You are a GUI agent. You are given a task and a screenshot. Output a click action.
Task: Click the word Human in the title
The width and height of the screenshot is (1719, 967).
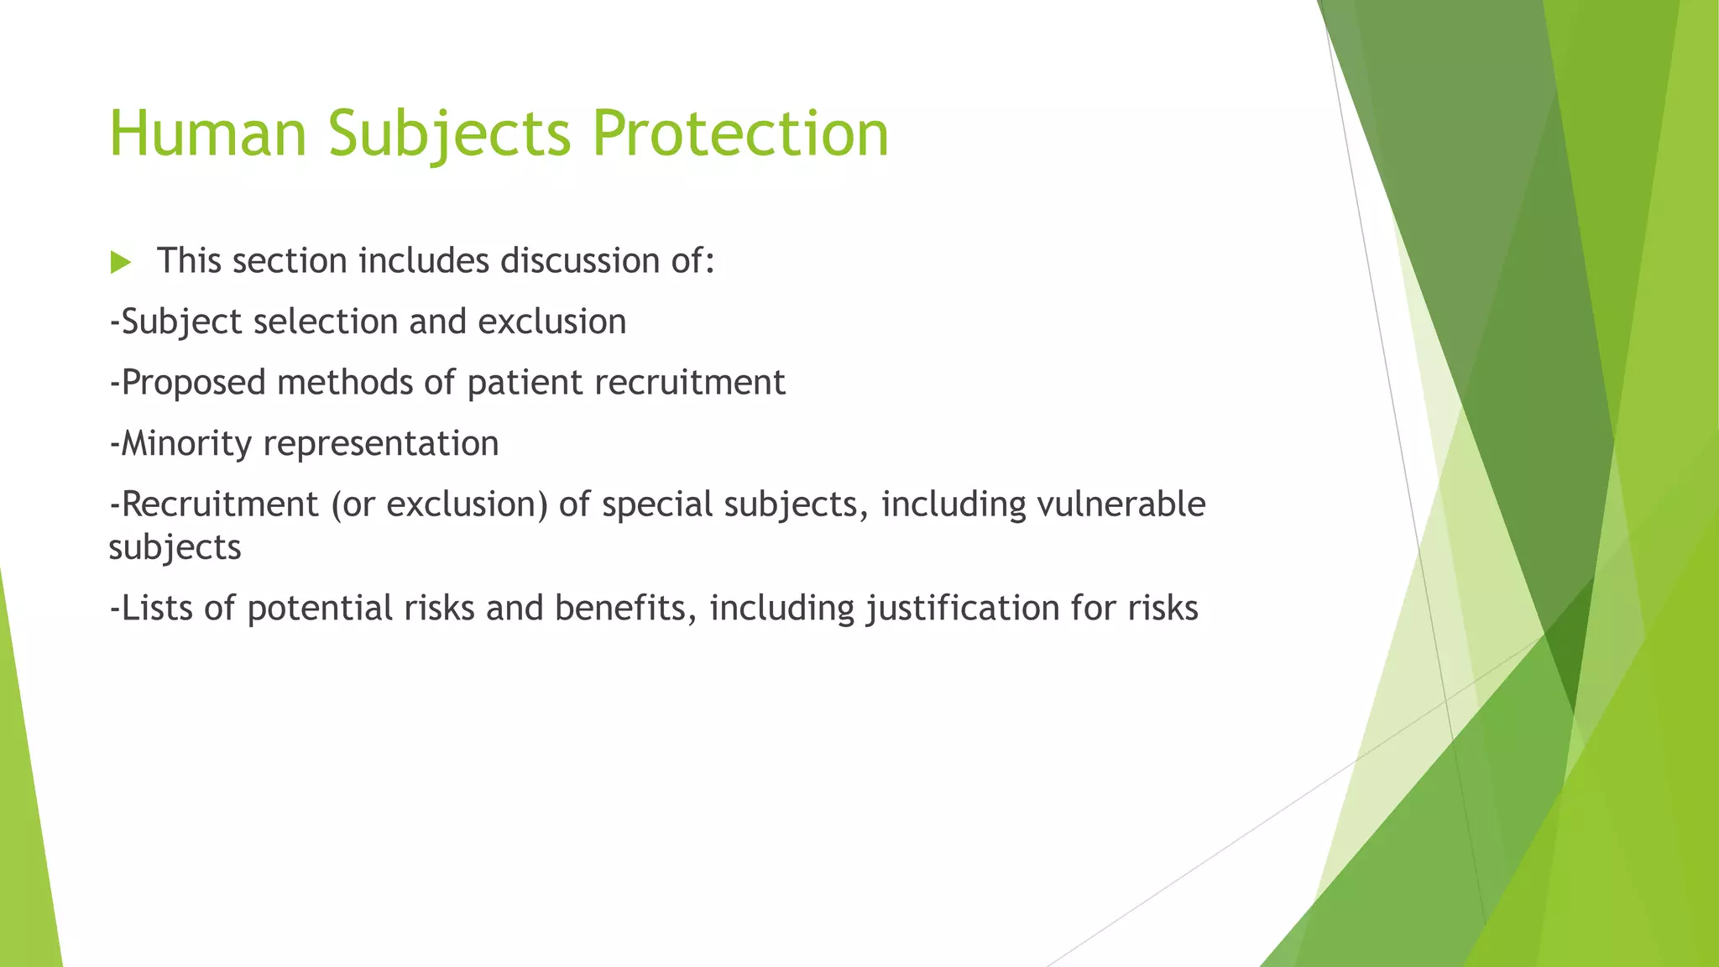208,134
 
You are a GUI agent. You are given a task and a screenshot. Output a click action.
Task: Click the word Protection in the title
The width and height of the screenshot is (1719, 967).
739,134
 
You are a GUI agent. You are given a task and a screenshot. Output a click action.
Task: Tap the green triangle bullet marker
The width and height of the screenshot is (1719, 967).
121,263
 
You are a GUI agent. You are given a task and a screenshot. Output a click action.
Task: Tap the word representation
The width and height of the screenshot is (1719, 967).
381,444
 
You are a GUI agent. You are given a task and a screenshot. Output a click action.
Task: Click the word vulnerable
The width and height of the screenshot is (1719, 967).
1121,504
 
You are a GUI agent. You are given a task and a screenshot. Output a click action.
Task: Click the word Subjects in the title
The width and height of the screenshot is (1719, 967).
450,134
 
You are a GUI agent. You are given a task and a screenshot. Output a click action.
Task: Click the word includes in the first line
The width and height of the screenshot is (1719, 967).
424,261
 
